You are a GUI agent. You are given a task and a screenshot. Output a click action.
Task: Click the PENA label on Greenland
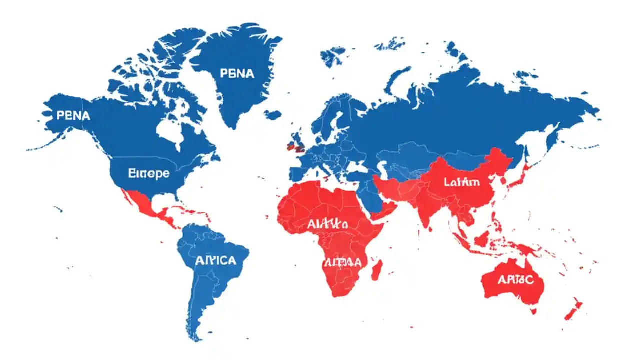(x=237, y=74)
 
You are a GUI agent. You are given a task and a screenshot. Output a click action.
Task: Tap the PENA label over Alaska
(x=73, y=116)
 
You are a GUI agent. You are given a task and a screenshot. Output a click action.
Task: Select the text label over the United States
(x=149, y=174)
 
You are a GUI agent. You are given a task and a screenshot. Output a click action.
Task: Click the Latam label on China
(x=461, y=182)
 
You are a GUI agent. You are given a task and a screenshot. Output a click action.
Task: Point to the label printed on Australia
(x=515, y=280)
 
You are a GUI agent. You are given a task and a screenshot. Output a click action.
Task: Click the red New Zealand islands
(x=572, y=310)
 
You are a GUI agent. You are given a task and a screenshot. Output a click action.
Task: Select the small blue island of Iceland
(x=273, y=114)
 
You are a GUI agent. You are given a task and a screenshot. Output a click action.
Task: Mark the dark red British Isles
(x=297, y=146)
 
